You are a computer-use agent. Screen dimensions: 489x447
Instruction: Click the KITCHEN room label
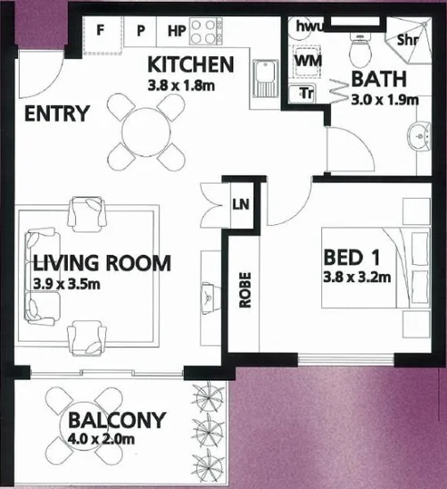(x=190, y=64)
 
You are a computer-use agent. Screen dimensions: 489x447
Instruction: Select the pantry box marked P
(x=140, y=29)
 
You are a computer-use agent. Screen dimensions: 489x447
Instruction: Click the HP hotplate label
(x=177, y=29)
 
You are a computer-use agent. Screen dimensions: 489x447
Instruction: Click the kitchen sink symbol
(x=265, y=77)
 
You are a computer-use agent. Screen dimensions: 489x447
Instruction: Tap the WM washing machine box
(x=306, y=60)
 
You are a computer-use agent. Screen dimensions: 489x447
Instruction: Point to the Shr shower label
(x=410, y=39)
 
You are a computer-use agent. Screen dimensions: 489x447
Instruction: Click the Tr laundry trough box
(x=306, y=92)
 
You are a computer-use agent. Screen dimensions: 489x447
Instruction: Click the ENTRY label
(x=57, y=114)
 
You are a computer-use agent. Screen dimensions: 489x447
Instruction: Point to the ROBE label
(x=245, y=289)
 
